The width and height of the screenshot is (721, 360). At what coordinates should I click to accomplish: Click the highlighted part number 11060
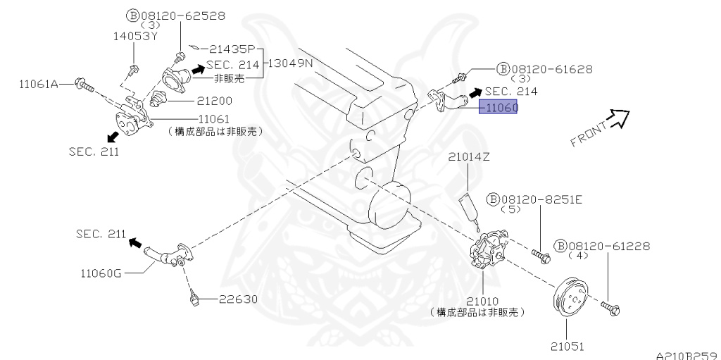(x=499, y=108)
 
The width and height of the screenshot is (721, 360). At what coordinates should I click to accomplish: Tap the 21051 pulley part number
(x=568, y=346)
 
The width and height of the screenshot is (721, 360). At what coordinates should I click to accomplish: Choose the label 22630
(x=237, y=299)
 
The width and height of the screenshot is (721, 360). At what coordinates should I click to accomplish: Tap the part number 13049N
(x=293, y=63)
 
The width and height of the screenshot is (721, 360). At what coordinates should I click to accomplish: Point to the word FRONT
(x=589, y=135)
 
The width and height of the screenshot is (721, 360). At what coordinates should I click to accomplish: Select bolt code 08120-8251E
(x=541, y=199)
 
